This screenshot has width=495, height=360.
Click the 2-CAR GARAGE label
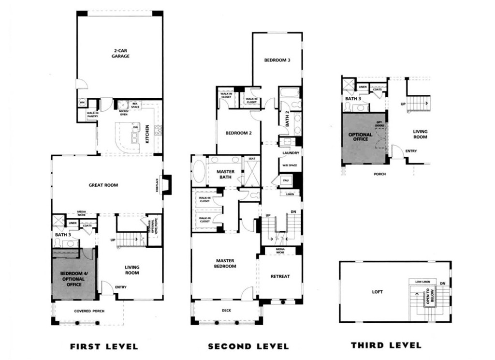click(120, 53)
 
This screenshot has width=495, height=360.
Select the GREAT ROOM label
click(103, 185)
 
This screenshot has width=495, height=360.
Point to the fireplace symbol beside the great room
click(166, 184)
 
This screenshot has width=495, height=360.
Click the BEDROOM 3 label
click(277, 60)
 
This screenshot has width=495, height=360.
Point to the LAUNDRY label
click(291, 153)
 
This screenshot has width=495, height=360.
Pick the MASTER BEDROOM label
click(226, 263)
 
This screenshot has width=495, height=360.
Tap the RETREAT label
click(280, 276)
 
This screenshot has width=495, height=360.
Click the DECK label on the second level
click(227, 311)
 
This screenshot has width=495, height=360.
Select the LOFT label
click(377, 292)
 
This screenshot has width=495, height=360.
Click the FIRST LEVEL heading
click(104, 346)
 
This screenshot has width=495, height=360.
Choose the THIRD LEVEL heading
click(386, 345)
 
